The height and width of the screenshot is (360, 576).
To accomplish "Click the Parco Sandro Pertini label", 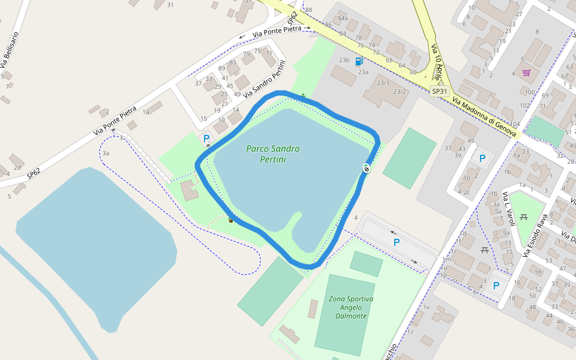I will pos(272,154).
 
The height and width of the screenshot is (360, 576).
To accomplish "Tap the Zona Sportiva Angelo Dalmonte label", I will pos(351,307).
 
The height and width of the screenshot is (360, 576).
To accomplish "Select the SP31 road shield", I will pos(440,91).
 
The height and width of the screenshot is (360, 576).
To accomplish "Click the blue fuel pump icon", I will pos(359,61).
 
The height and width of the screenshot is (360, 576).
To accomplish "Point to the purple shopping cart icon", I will pos(526,73).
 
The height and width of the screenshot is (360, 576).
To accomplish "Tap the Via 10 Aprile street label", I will pos(439,60).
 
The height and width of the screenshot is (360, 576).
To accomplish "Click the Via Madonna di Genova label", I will pos(484,117).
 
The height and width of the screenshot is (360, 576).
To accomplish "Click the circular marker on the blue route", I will pos(366,169).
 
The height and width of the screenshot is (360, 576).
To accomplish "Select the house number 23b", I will pos(344,60).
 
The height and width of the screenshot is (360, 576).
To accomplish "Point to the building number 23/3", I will pos(383,83).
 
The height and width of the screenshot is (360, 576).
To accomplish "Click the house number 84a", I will pos(343,19).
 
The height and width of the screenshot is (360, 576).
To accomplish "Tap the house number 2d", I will pos(17,167).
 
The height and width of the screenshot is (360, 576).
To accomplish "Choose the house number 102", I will pos(524,106).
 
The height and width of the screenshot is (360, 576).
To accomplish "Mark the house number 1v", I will pos(427,307).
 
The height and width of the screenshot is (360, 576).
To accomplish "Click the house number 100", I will pos(529,92).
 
